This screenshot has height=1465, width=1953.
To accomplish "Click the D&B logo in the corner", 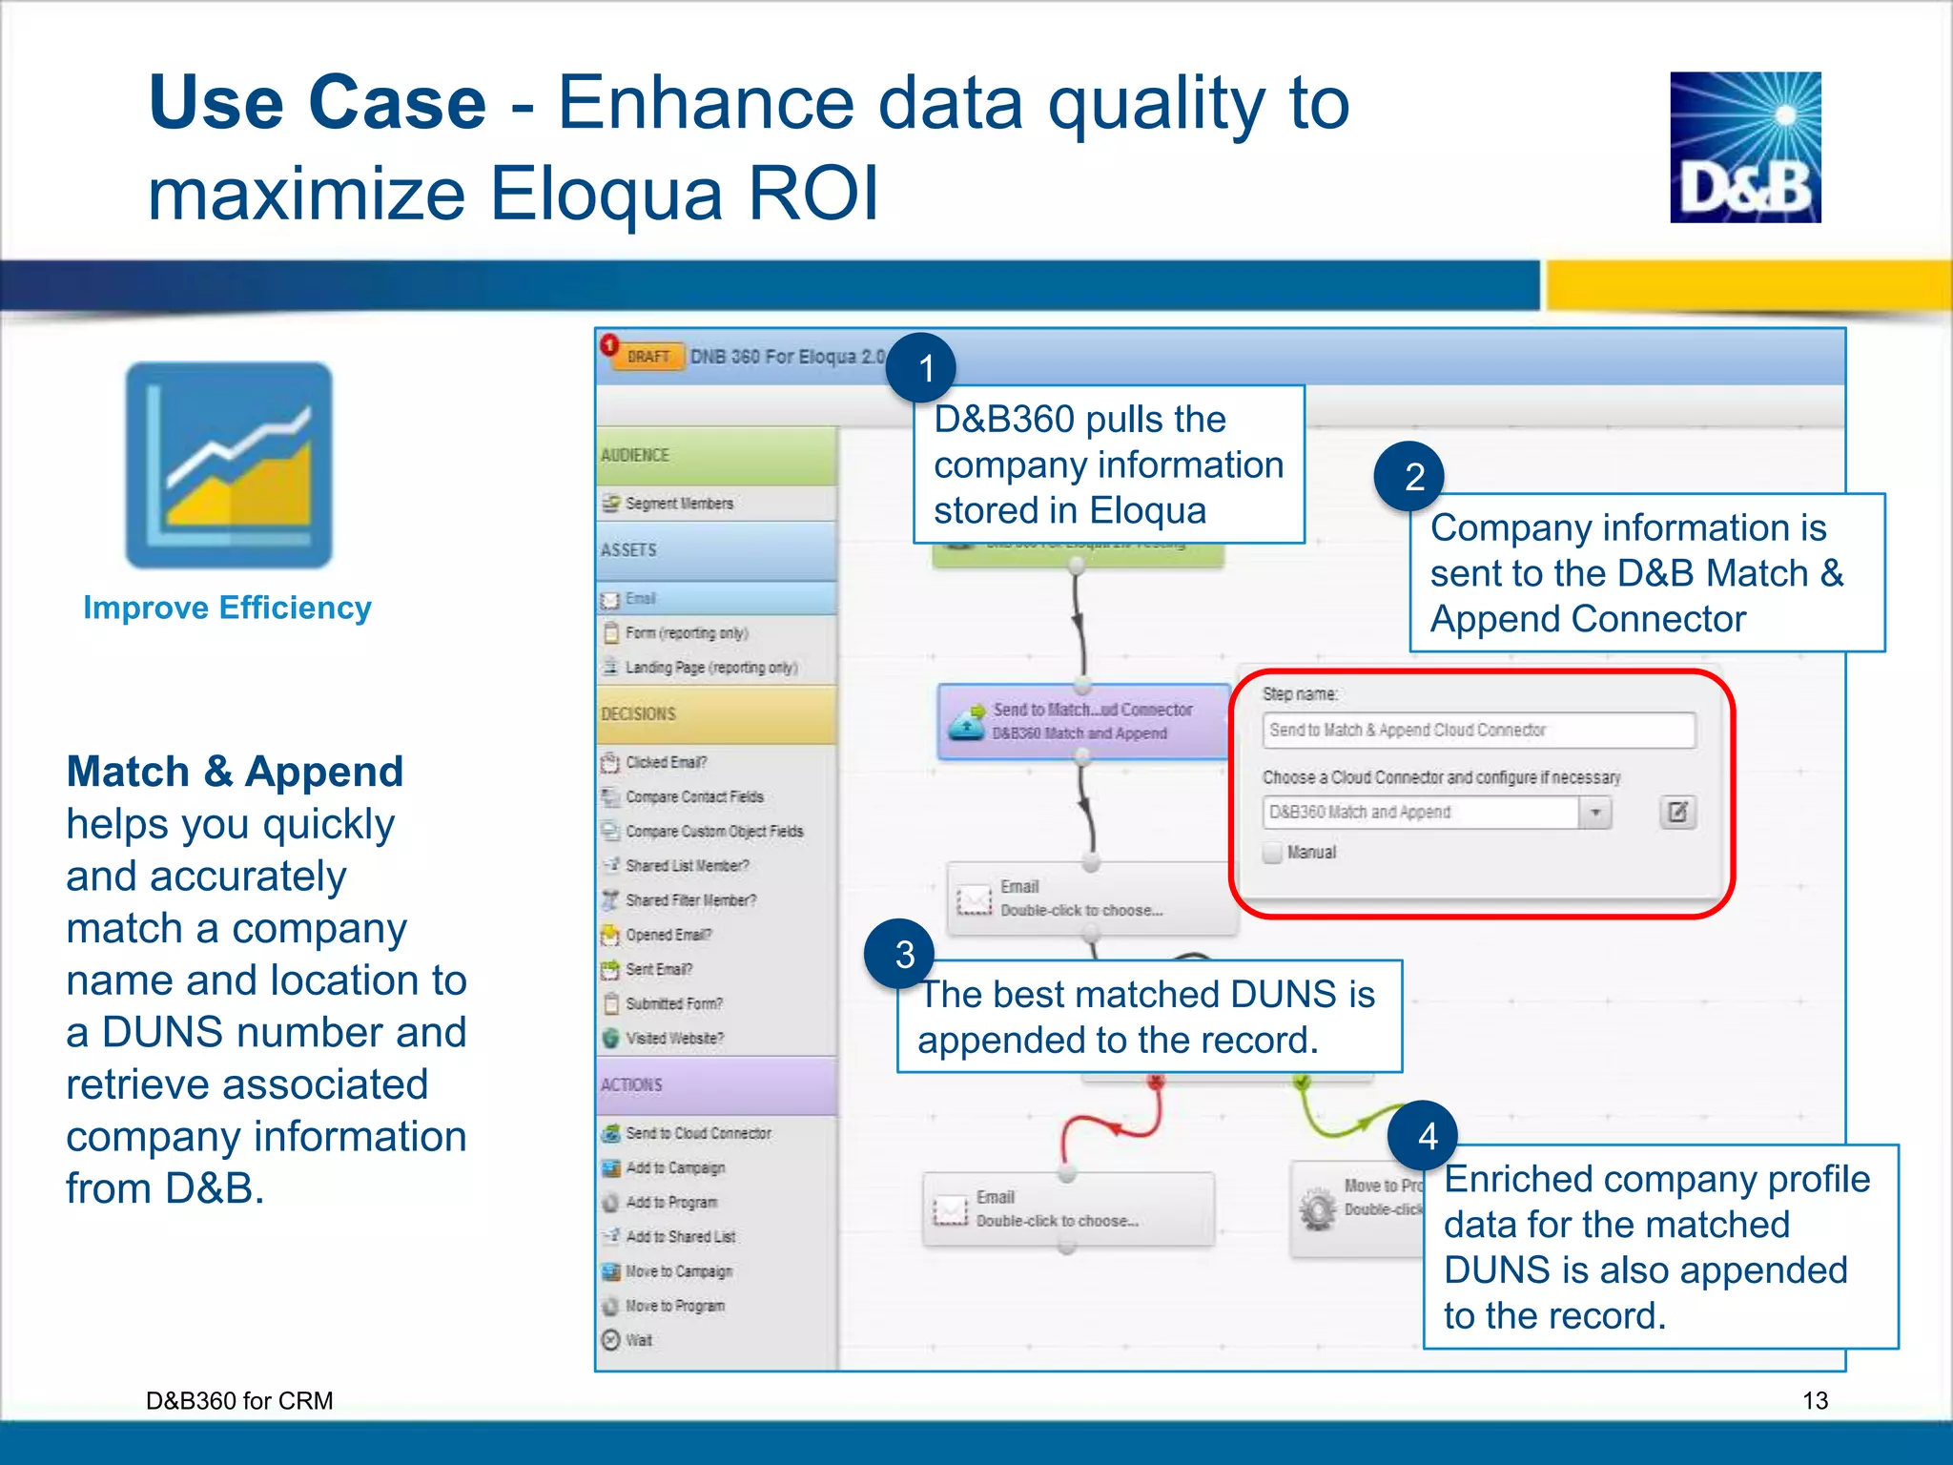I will (x=1744, y=148).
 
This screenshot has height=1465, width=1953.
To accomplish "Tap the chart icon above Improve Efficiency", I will (x=229, y=465).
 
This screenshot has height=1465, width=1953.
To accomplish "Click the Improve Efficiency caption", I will (x=227, y=608).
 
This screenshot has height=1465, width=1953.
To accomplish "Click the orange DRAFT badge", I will (x=649, y=357).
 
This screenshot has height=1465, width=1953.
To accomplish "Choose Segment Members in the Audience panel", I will (x=679, y=504).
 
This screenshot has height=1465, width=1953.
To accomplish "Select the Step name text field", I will (x=1477, y=731).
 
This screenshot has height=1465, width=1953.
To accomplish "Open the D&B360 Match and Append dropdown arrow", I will (x=1594, y=813).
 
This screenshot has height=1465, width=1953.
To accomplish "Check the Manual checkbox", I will (x=1272, y=853).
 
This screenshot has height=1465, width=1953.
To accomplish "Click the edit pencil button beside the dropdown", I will (x=1677, y=813).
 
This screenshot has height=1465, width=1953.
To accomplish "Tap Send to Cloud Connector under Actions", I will (x=697, y=1133).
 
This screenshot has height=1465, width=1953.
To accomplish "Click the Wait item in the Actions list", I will (x=638, y=1340).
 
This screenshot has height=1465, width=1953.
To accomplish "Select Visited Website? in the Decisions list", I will (x=673, y=1039).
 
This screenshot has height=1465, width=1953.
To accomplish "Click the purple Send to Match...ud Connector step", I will (x=1082, y=722).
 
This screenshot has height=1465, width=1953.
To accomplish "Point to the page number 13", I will (x=1815, y=1400).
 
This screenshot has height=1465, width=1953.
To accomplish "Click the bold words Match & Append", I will (x=235, y=772).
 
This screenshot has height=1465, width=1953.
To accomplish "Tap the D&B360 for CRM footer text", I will (x=239, y=1400).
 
